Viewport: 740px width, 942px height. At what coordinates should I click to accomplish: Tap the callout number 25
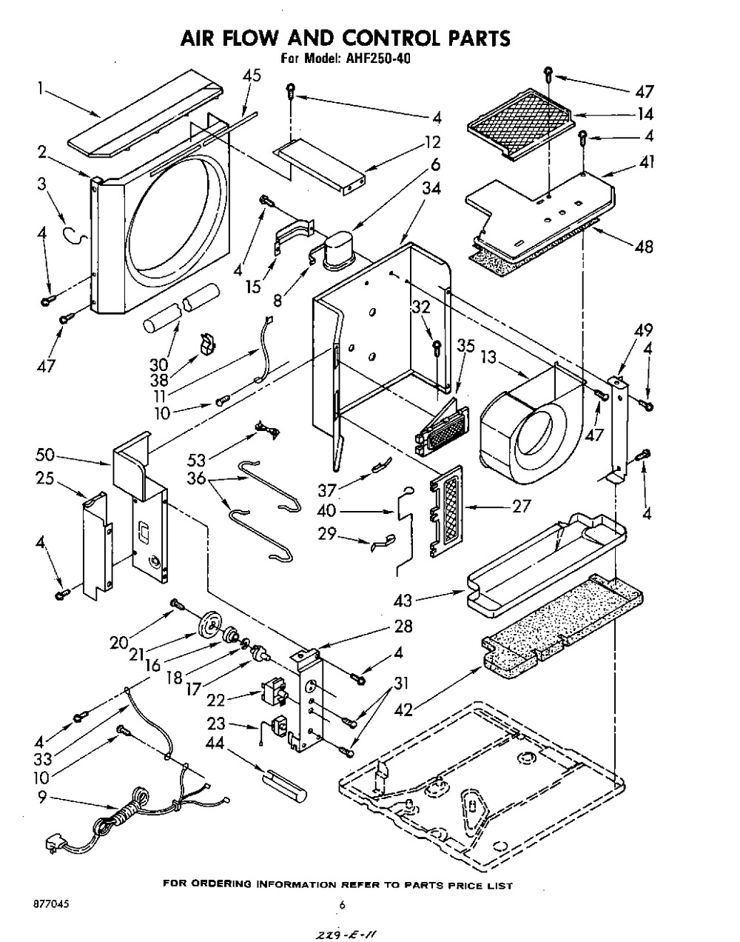point(44,478)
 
